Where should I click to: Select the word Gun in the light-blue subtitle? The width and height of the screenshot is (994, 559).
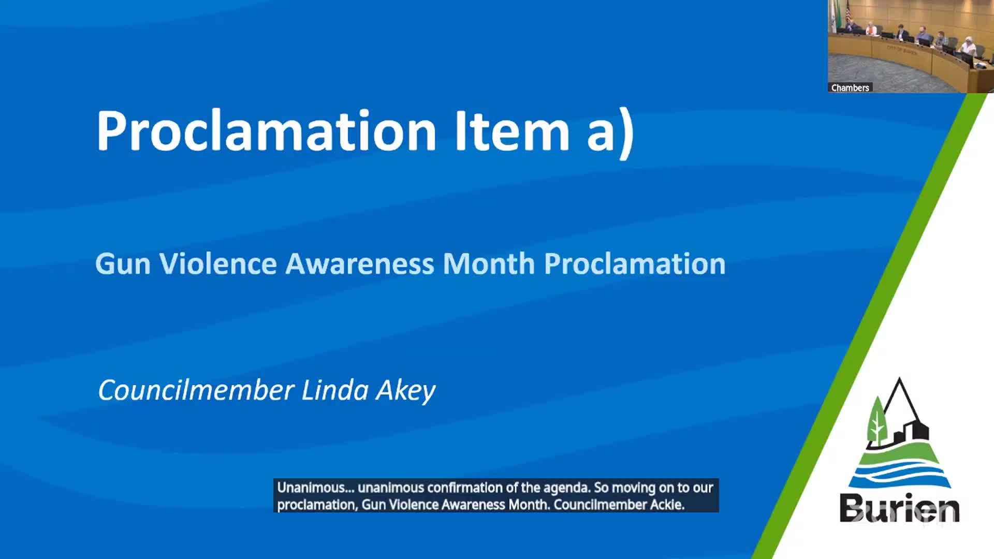123,264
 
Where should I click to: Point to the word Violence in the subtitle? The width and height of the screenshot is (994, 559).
217,263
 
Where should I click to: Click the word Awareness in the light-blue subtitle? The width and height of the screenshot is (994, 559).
360,263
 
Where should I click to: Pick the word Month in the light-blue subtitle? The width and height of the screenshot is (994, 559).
489,263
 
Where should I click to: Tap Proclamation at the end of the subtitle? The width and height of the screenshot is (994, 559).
635,263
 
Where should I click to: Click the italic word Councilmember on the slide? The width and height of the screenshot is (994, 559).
196,390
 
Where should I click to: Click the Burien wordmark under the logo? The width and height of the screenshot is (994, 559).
900,508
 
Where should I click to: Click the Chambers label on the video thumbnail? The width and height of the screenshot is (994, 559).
850,88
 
